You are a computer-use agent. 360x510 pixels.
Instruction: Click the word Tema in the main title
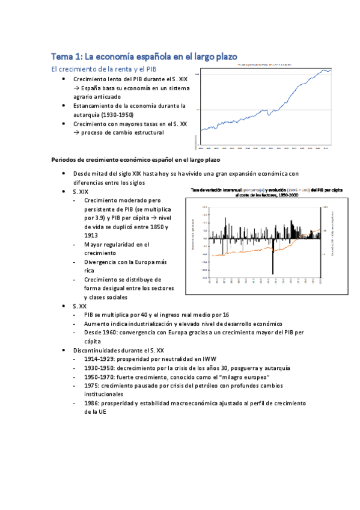61,57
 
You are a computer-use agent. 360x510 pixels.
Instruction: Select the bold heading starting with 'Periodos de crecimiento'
136,160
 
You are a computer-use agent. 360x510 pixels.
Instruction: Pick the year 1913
92,236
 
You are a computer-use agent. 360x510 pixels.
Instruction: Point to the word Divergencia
103,262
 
